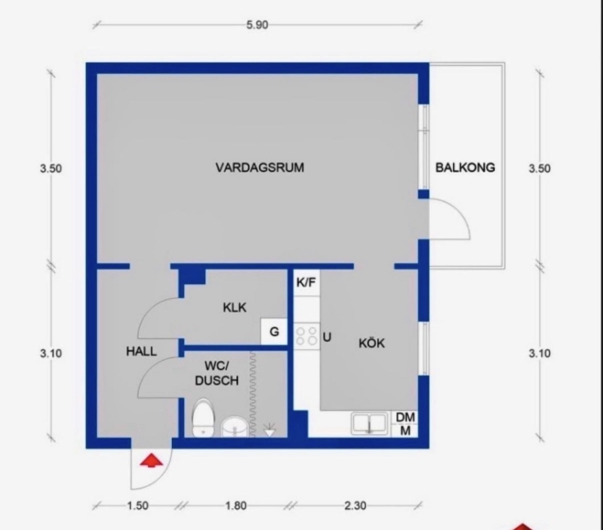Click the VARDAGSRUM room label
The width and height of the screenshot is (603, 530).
[260, 167]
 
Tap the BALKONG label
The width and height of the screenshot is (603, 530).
[465, 167]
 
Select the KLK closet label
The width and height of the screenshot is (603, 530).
[234, 307]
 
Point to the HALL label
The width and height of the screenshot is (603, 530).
[142, 351]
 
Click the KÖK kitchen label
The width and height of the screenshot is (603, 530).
[371, 343]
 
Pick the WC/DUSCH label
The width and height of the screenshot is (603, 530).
[217, 373]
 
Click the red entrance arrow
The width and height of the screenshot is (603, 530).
[151, 461]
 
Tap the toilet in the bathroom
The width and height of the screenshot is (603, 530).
[202, 419]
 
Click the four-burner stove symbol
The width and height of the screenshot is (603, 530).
[307, 336]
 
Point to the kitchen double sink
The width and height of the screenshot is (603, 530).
[369, 424]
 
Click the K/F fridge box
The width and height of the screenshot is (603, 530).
[307, 282]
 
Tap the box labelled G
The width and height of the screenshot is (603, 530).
[274, 332]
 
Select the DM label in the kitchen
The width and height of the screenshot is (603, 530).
[405, 417]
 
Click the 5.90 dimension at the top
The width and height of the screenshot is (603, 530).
[257, 25]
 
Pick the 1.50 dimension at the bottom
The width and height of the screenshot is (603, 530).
[137, 505]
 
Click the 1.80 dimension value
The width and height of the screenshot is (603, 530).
[236, 505]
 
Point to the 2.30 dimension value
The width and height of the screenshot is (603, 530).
[355, 505]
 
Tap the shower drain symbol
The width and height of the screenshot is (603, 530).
[270, 429]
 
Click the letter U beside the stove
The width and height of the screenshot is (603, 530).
[327, 337]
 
